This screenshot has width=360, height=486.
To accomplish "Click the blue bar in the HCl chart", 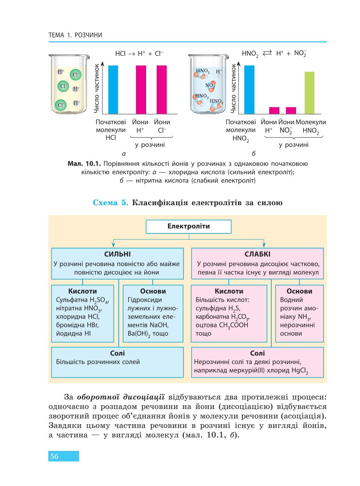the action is pyautogui.click(x=113, y=90).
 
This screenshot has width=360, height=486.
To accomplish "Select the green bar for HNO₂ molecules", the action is pyautogui.click(x=309, y=93).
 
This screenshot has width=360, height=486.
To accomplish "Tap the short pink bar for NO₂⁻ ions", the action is pyautogui.click(x=291, y=110).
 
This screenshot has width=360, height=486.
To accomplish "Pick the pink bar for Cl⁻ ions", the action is pyautogui.click(x=161, y=90).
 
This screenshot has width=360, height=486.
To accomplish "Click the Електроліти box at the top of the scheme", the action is pyautogui.click(x=189, y=226).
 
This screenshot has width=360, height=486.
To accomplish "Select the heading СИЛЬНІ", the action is pyautogui.click(x=117, y=254).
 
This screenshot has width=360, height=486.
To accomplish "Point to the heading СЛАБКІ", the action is pyautogui.click(x=258, y=254).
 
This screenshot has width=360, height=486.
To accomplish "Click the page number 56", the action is pyautogui.click(x=54, y=456).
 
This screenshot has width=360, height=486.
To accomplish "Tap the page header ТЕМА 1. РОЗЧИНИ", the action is pyautogui.click(x=75, y=35).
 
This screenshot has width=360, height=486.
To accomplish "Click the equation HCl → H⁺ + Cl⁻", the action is pyautogui.click(x=139, y=53).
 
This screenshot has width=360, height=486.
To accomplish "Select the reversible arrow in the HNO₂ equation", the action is pyautogui.click(x=267, y=53).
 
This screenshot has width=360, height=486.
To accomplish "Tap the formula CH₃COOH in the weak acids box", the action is pyautogui.click(x=234, y=325).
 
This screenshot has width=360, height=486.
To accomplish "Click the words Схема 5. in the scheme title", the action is pyautogui.click(x=110, y=202).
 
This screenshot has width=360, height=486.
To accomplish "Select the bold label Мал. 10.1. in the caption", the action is pyautogui.click(x=84, y=164).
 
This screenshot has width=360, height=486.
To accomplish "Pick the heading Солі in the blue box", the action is pyautogui.click(x=117, y=353).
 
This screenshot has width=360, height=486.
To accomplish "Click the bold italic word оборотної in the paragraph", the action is pyautogui.click(x=98, y=397).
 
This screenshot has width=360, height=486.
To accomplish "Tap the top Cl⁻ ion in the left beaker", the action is pyautogui.click(x=76, y=75).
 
